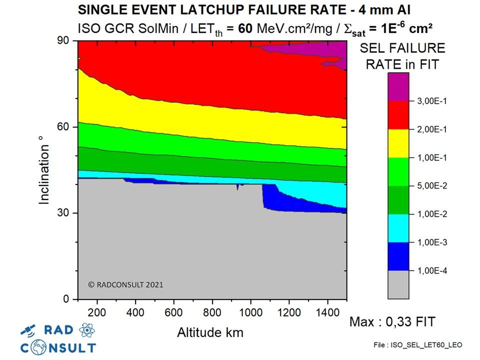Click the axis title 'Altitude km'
210,332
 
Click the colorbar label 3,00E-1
432,101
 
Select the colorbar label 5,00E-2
432,186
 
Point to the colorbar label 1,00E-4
432,271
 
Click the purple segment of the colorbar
398,86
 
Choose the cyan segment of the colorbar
398,228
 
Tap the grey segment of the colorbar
398,284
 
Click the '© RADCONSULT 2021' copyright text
125,284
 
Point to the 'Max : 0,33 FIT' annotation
392,321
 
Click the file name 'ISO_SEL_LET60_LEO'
417,345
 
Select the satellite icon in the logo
29,330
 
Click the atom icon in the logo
86,329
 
